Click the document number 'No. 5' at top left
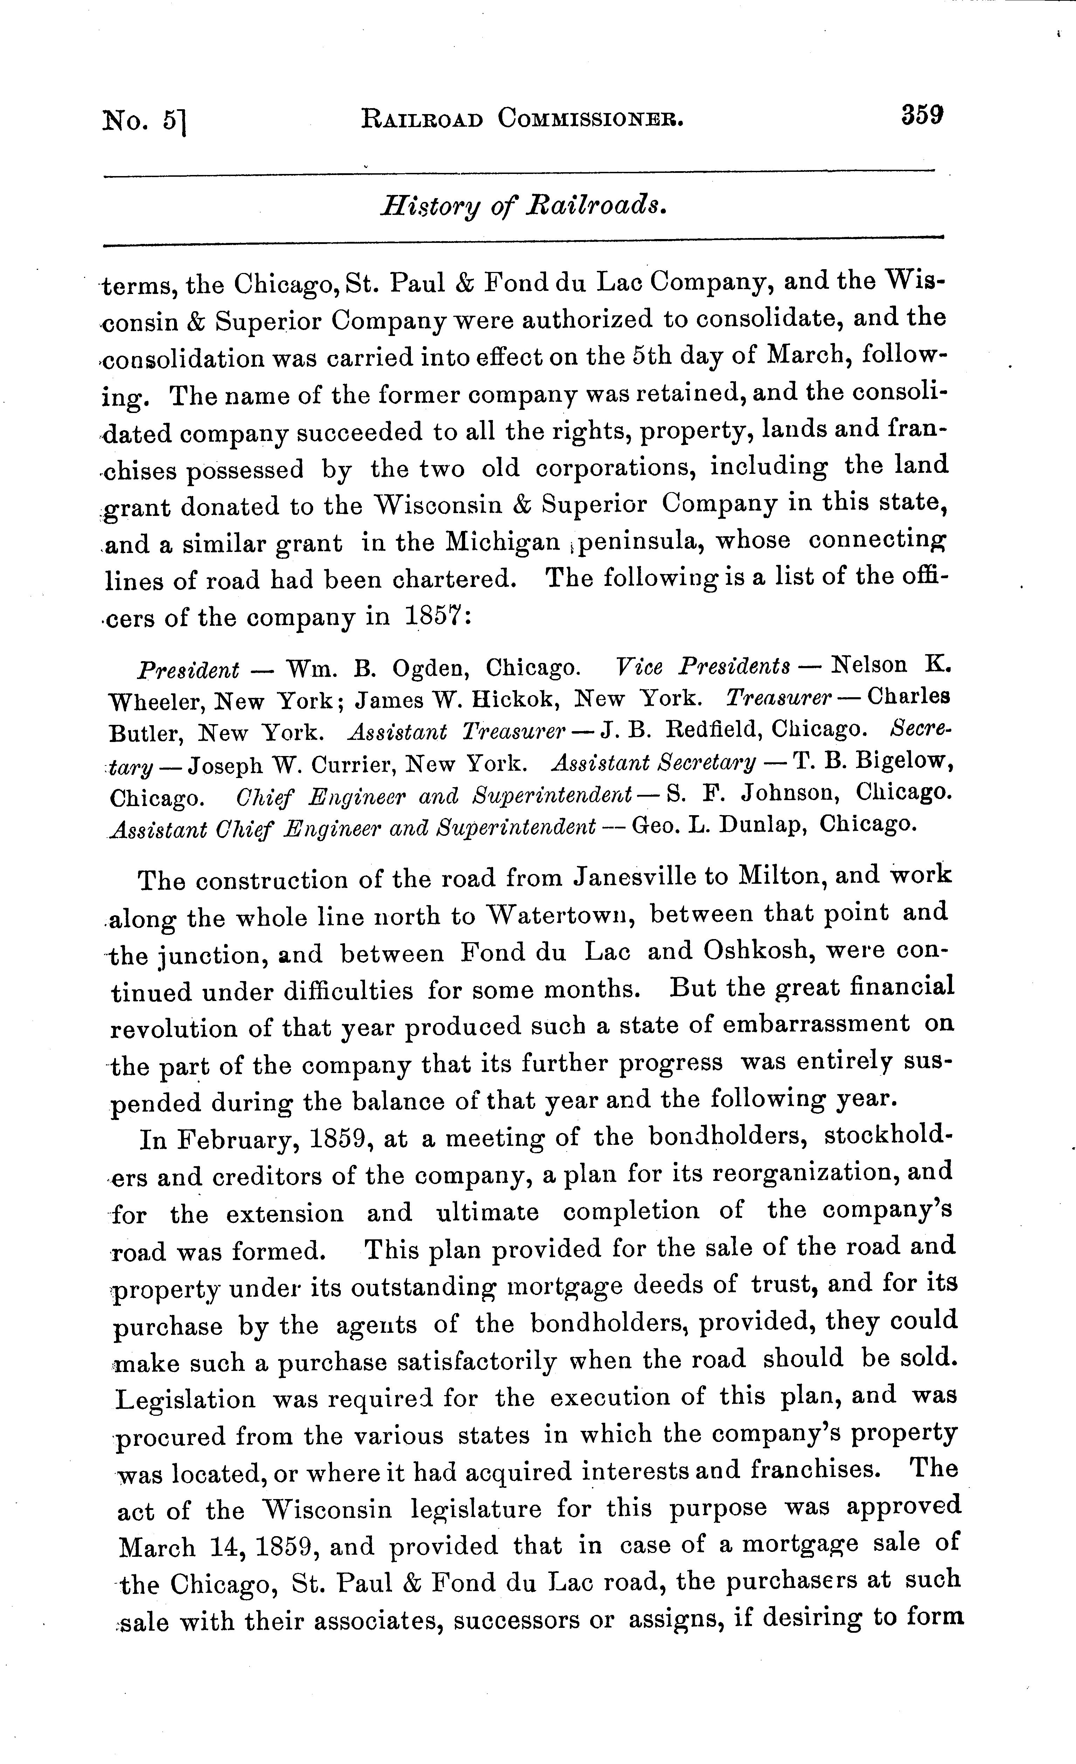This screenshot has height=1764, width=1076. click(143, 120)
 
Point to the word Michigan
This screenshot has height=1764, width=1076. click(502, 542)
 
